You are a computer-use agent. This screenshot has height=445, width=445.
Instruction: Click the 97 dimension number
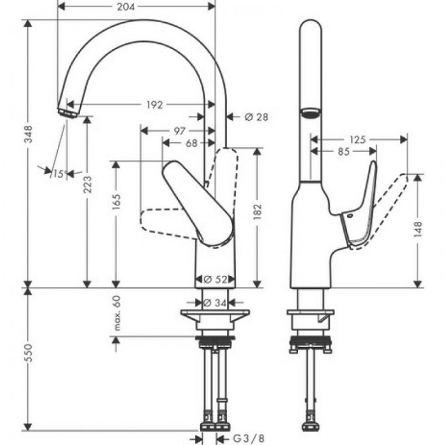179,130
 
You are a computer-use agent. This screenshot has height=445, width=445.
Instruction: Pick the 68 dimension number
191,143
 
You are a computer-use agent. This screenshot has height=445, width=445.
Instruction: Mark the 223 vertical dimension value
87,184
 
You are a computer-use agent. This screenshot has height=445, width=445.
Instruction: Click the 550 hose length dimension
29,360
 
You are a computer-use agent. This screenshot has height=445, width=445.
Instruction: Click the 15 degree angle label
58,174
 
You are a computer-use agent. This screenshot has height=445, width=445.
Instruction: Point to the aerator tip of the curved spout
65,112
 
